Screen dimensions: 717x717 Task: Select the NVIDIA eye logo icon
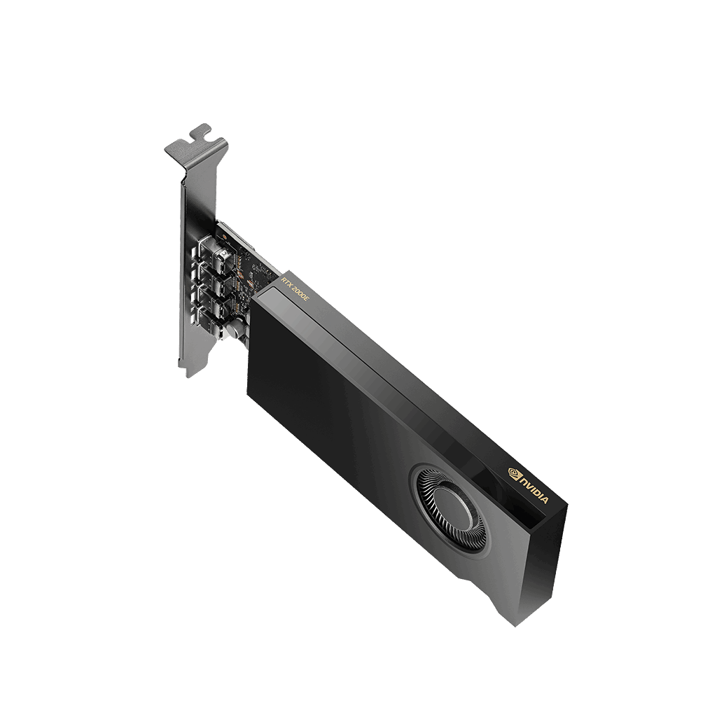(x=515, y=473)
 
